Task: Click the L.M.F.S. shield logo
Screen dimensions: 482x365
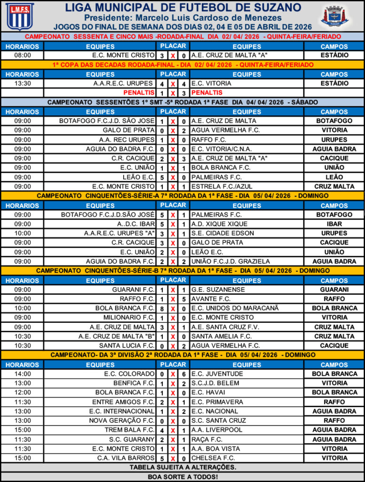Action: point(20,16)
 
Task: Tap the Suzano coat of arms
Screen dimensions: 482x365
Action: point(334,16)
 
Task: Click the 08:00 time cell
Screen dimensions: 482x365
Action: point(23,55)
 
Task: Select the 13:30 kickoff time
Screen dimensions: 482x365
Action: point(23,83)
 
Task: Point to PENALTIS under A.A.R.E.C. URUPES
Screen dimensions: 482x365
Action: point(139,93)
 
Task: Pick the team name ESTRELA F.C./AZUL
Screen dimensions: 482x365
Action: point(217,186)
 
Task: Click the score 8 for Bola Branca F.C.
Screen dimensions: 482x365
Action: point(162,308)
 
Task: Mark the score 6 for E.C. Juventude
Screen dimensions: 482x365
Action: point(184,374)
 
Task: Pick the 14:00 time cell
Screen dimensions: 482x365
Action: point(23,374)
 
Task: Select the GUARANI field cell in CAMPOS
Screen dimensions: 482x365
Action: point(334,289)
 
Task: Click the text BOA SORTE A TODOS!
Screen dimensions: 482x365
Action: point(182,476)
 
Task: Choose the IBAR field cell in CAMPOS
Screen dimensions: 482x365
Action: point(334,224)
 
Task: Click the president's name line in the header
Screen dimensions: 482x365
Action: point(182,17)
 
